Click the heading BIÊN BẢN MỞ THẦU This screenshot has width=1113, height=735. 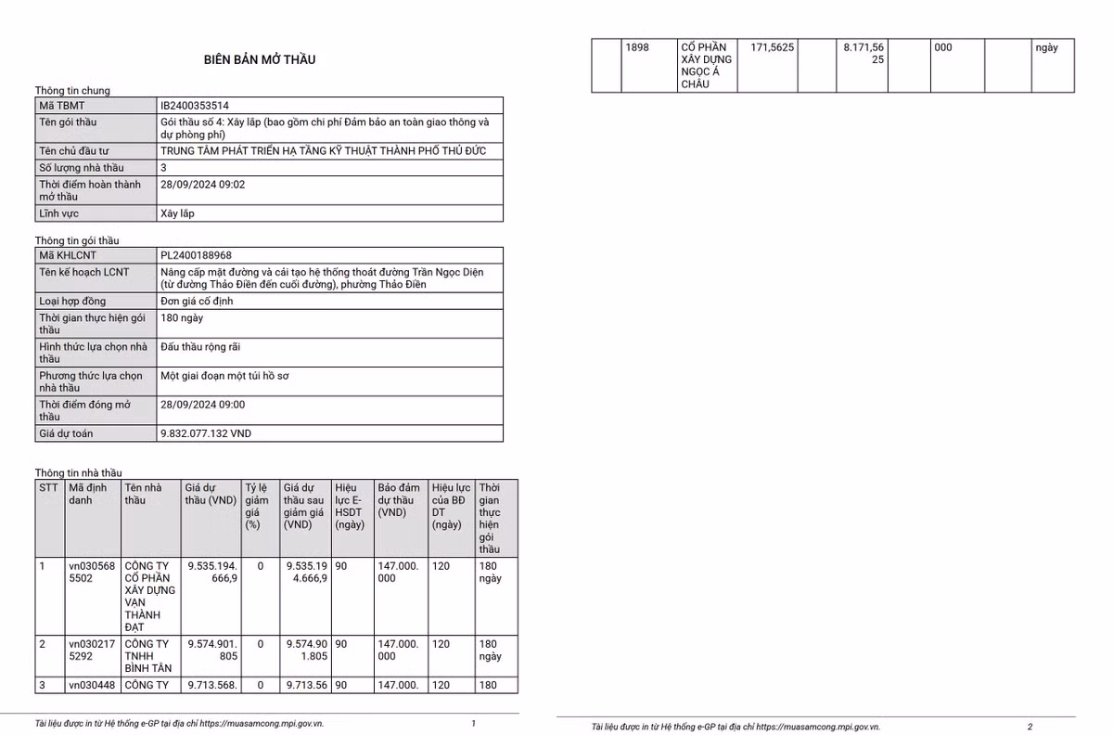260,59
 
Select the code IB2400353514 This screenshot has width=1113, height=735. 195,106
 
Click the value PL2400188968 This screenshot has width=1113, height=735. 196,255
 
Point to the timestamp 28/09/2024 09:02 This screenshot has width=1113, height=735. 202,185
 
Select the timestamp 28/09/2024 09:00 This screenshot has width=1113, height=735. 202,405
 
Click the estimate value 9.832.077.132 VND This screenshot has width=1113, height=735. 205,433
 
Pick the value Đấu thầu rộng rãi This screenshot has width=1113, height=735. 200,347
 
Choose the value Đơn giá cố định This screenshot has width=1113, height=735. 197,302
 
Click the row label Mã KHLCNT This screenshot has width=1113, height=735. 68,255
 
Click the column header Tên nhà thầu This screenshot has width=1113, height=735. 144,494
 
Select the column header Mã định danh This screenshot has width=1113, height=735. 88,494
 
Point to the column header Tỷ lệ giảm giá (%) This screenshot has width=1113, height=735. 257,506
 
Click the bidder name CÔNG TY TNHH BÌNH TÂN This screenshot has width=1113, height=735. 148,655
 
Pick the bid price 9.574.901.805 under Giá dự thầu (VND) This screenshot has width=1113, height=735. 212,650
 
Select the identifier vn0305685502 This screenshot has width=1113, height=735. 92,572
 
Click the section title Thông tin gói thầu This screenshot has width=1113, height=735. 77,240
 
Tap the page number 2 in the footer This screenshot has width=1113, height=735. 1030,727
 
